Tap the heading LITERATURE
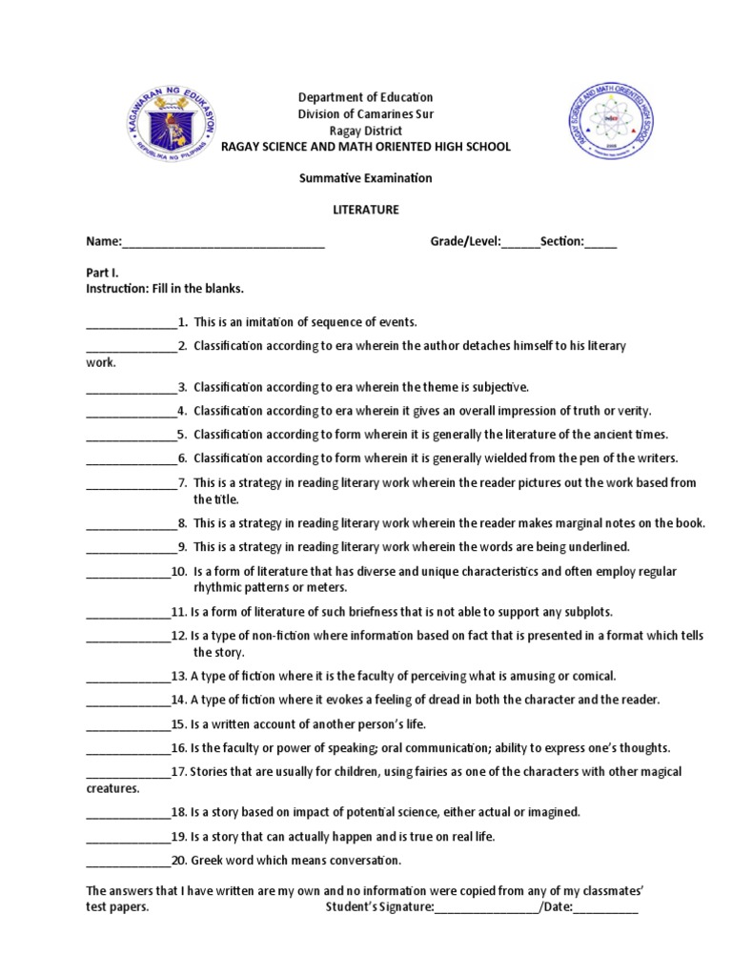pos(366,210)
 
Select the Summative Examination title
pos(366,178)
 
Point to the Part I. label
pos(102,272)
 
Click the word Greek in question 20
pos(207,861)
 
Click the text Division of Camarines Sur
pos(366,114)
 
